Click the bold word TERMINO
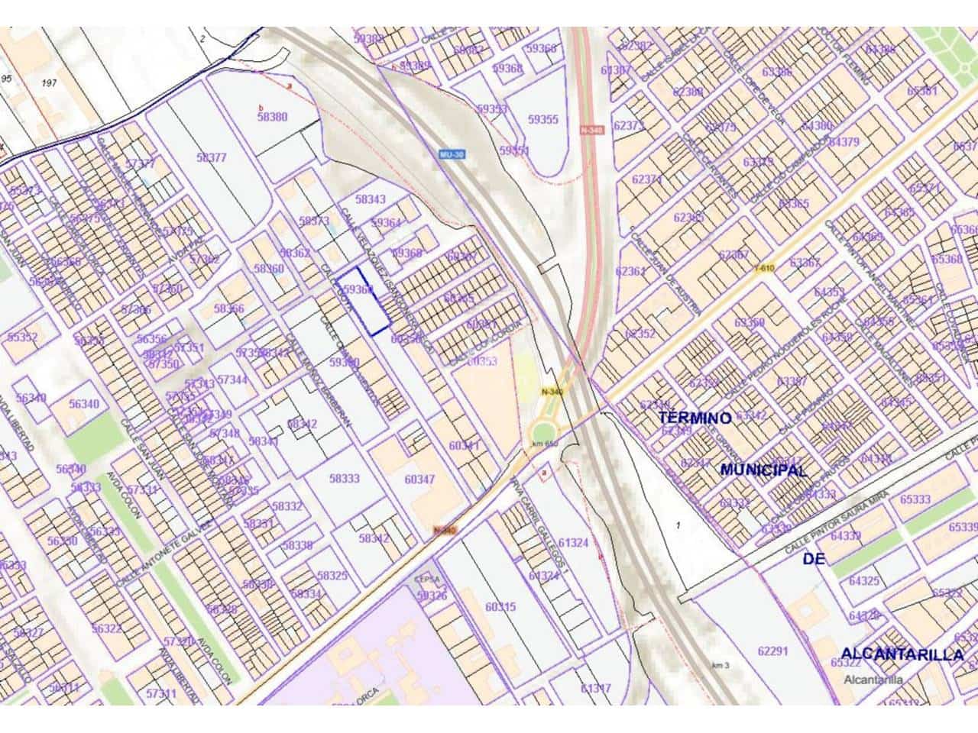[x=695, y=418]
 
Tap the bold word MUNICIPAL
[x=763, y=470]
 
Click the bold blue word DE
[x=814, y=560]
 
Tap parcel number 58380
[x=272, y=117]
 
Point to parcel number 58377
[x=212, y=157]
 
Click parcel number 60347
[x=419, y=480]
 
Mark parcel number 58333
[x=344, y=479]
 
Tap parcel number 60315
[x=500, y=607]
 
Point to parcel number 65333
[x=915, y=499]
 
